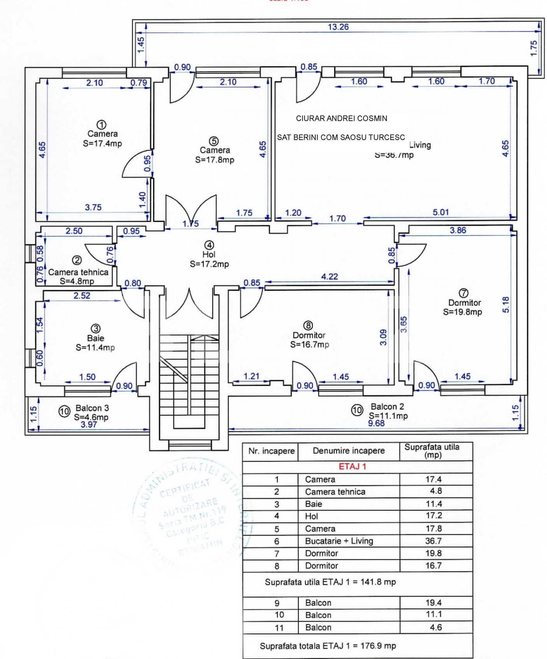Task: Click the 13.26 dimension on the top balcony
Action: (338, 27)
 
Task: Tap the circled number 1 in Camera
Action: (101, 124)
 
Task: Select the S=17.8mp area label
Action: (214, 160)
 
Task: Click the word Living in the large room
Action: (420, 145)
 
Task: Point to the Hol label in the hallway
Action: (209, 255)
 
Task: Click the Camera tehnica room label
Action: (78, 272)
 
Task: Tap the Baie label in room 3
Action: (95, 338)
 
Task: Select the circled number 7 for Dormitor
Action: (463, 293)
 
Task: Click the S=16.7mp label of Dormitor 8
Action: (310, 345)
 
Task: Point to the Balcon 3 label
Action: (92, 408)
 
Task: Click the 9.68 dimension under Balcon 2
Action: (376, 423)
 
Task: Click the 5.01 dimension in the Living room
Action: (441, 212)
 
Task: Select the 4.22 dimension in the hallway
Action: (329, 276)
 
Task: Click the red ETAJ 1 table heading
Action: (352, 467)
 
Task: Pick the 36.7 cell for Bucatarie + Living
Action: (433, 541)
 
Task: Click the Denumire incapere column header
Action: (349, 451)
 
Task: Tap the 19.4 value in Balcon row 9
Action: (433, 603)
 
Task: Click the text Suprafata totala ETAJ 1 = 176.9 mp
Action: (328, 646)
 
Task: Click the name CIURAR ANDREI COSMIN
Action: (342, 119)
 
